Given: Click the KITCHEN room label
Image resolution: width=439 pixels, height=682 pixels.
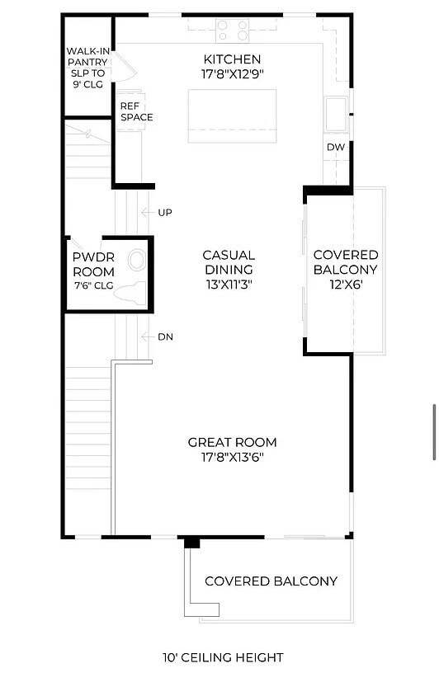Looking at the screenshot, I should point(232,59).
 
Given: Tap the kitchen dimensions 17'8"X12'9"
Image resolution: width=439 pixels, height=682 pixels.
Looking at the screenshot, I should point(232,74).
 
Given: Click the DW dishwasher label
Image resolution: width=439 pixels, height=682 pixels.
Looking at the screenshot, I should point(335,148).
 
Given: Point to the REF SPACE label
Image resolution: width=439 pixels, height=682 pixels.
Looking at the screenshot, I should point(136,111).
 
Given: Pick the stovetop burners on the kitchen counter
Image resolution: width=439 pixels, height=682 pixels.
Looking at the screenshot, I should point(234,31).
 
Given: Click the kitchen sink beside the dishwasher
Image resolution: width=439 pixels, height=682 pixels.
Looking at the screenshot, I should point(336,114).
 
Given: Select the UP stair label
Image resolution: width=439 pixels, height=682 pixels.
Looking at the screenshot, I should point(165,213).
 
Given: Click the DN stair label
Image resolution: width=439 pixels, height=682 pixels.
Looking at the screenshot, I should point(165,336).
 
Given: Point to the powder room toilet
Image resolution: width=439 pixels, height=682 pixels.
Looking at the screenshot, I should point(130,291).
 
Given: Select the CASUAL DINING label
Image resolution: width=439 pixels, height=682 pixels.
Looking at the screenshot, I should point(229,262).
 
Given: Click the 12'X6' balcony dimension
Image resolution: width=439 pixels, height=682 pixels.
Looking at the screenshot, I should point(346,285).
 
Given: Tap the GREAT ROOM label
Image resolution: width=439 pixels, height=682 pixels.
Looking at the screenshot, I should point(232,442).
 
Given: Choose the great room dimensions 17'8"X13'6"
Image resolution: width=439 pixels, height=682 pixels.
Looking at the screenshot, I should point(232,457).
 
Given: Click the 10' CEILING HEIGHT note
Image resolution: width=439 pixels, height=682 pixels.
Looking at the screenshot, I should point(223,657).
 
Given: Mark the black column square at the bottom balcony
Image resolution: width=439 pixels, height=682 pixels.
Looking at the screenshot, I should point(191,543).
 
